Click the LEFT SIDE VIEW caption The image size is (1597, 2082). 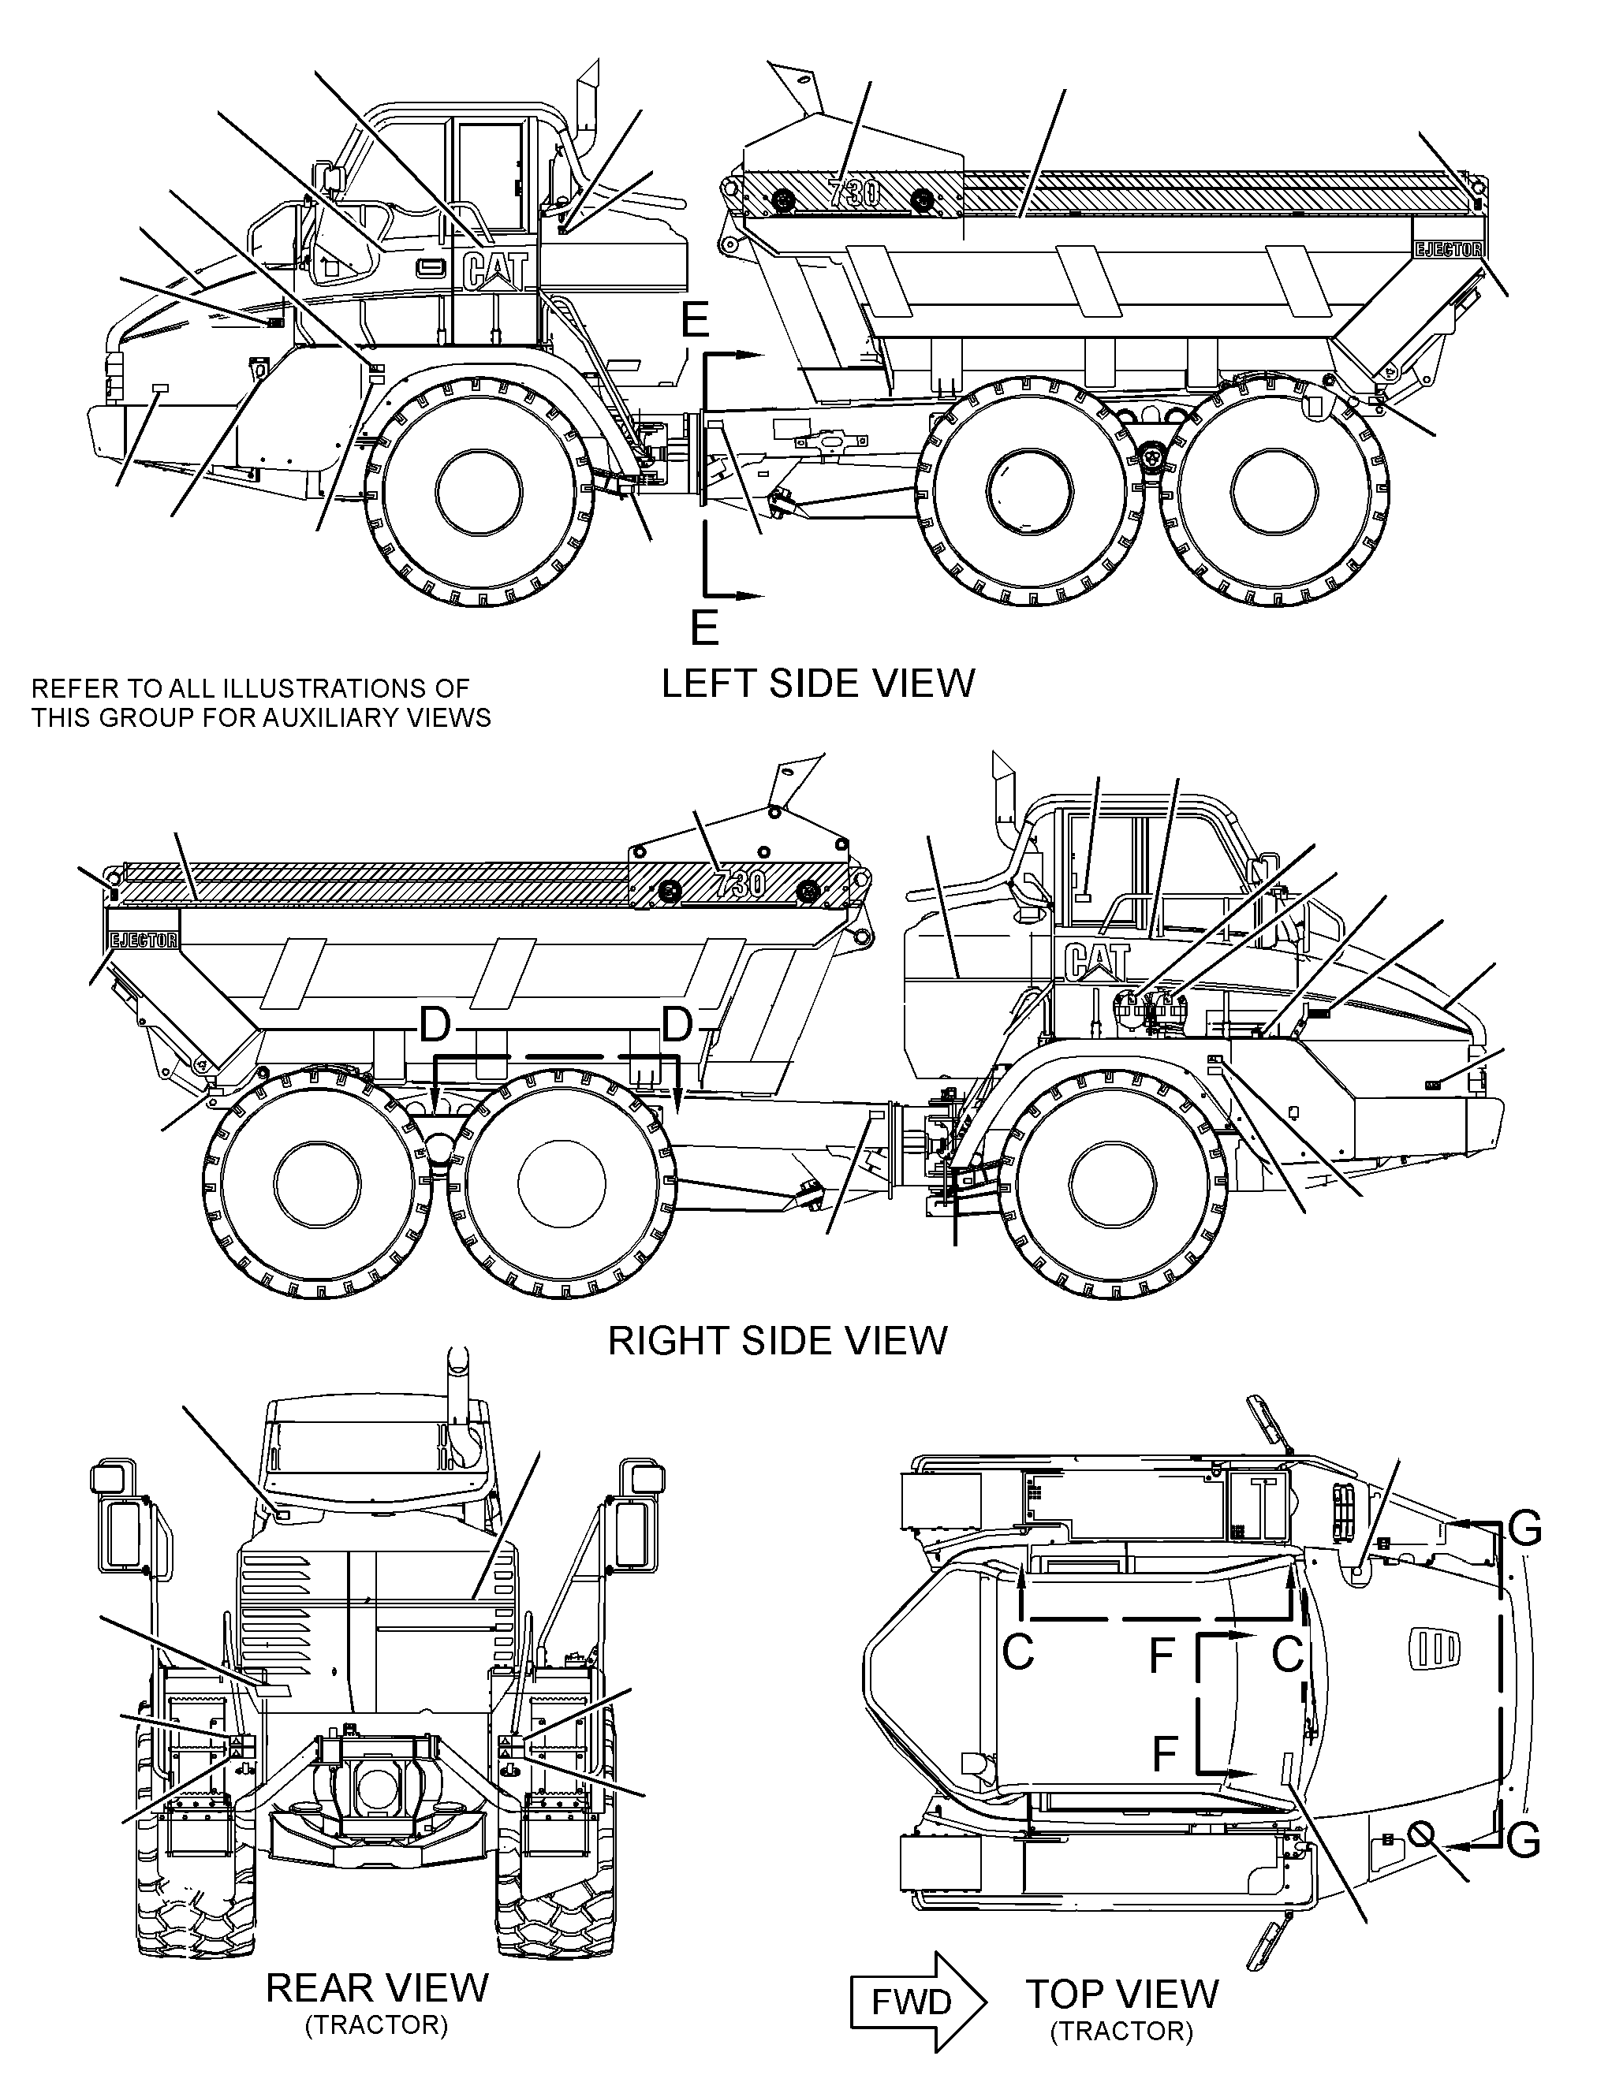[818, 684]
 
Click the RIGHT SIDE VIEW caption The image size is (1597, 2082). [778, 1341]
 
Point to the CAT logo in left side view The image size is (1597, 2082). [494, 270]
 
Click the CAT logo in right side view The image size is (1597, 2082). [1097, 961]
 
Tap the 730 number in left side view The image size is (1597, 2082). [855, 193]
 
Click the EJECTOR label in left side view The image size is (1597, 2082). [1448, 250]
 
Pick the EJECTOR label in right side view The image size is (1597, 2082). [144, 940]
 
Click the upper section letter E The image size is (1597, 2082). [695, 321]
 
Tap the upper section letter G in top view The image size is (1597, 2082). [1524, 1531]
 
